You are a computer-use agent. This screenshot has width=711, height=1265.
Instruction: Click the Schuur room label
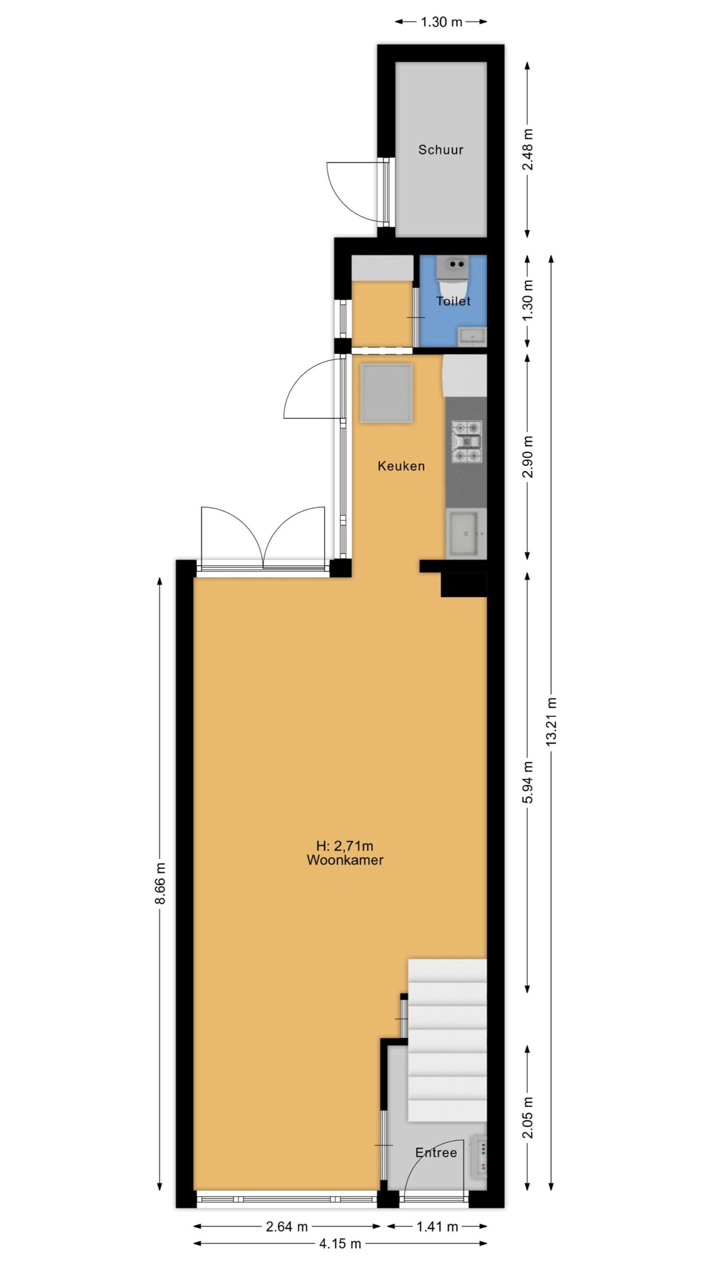[x=440, y=149]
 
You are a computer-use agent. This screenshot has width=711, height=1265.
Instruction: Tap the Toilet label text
[x=453, y=301]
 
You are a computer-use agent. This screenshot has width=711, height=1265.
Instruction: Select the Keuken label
[x=401, y=465]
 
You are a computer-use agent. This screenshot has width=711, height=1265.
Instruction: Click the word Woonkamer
[x=345, y=860]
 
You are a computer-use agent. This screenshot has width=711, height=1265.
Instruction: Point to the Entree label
[x=436, y=1153]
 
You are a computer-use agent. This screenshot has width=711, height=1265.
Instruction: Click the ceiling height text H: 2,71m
[x=345, y=846]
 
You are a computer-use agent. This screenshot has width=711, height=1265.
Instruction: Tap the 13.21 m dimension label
[x=552, y=721]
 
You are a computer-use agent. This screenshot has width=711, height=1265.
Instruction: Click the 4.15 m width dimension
[x=340, y=1243]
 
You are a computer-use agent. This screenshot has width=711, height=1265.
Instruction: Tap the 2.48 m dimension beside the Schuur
[x=528, y=149]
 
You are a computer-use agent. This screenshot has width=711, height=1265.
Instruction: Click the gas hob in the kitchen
[x=467, y=442]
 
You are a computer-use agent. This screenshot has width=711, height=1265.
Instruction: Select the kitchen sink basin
[x=463, y=533]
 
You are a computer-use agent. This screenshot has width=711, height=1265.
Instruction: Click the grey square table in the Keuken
[x=387, y=393]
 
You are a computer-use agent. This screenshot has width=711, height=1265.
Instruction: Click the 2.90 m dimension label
[x=528, y=457]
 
